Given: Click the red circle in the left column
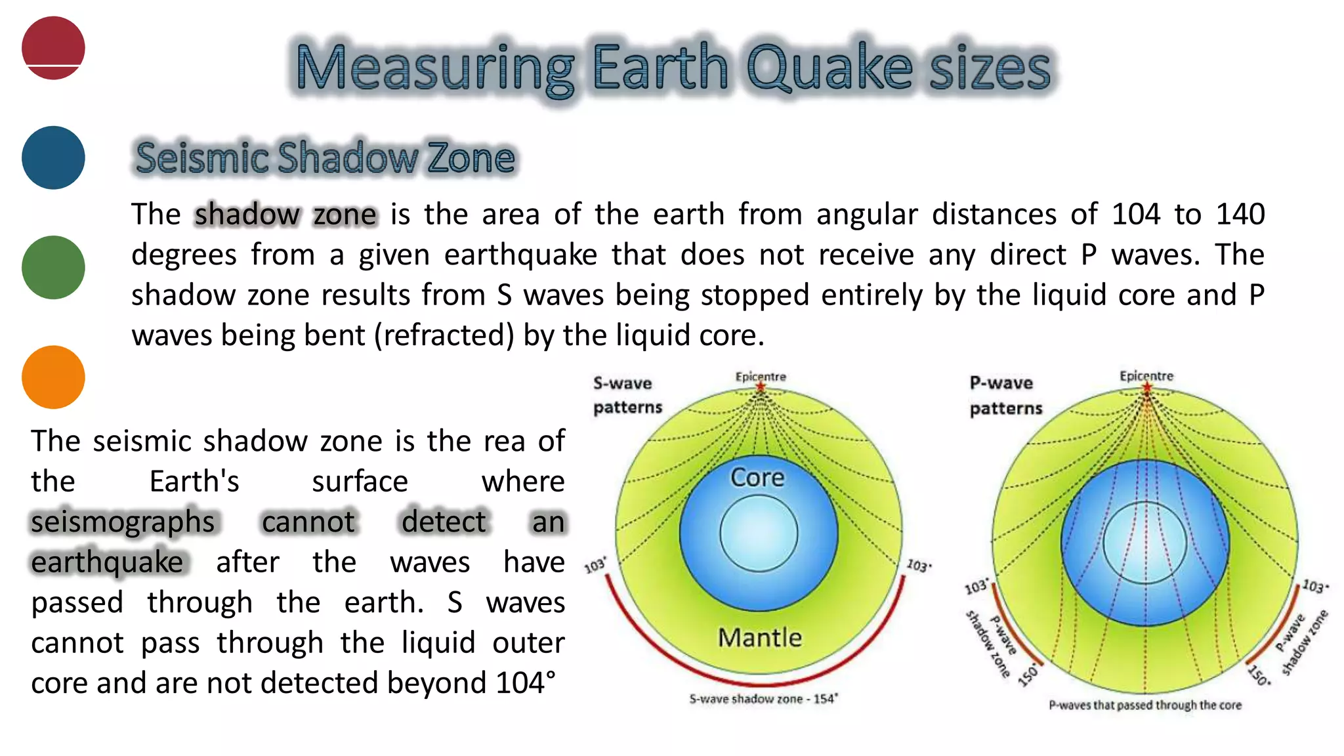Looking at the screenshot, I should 53,48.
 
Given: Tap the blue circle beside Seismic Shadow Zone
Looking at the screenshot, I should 53,157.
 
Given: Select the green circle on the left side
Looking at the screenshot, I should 53,267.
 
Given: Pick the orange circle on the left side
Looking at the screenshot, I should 53,377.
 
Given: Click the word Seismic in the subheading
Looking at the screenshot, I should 201,158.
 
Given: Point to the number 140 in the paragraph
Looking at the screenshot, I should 1240,215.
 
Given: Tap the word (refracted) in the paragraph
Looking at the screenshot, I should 444,335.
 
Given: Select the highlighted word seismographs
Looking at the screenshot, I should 123,522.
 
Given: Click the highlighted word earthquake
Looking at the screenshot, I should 108,562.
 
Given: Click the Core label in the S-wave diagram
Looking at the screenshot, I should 757,477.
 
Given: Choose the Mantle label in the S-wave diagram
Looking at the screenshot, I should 759,637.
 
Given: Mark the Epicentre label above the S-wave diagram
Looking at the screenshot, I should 760,376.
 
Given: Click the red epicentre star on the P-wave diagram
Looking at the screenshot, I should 1146,387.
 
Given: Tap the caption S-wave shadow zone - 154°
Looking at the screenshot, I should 763,699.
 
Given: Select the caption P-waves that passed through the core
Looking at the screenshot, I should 1145,705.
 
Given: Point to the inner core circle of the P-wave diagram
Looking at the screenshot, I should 1145,543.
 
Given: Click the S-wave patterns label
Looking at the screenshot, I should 627,395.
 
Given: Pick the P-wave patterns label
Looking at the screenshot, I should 1005,395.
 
